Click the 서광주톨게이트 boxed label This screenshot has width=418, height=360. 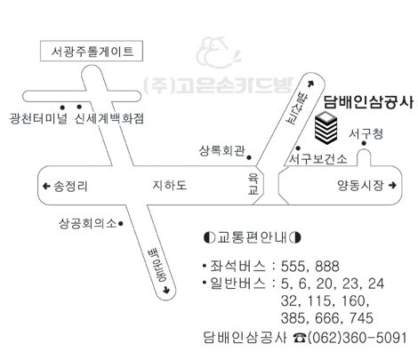(92, 52)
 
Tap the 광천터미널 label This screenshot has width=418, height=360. (38, 118)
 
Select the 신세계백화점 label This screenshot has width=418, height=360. (109, 118)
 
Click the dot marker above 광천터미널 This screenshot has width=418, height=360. (62, 108)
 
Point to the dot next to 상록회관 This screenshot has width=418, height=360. (249, 157)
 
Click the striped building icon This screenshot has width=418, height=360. (326, 128)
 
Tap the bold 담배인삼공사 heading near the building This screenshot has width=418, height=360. (368, 102)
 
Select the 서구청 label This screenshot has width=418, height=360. (366, 134)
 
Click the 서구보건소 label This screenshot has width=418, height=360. (318, 159)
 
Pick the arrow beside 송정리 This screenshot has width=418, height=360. (46, 186)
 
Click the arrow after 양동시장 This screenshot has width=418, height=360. (392, 186)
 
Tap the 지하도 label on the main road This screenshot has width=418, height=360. (170, 186)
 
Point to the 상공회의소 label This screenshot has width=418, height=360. (88, 223)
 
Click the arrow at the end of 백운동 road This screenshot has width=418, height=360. (166, 290)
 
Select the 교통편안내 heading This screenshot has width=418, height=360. (253, 237)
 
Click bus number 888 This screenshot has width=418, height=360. (327, 266)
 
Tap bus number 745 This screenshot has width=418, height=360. (361, 318)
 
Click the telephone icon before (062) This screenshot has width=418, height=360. (300, 338)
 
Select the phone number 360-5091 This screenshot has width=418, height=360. (374, 338)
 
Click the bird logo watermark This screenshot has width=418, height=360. (218, 52)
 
